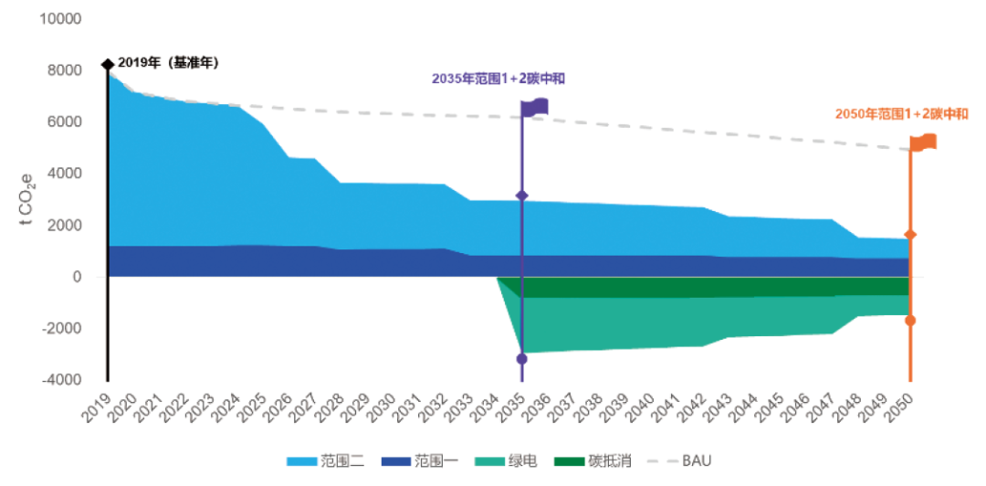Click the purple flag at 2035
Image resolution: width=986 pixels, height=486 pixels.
(x=535, y=107)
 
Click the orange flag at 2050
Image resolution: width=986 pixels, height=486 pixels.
(x=924, y=143)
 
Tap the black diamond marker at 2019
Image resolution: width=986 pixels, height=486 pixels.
(x=108, y=64)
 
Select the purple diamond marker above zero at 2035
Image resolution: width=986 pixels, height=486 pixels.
(x=521, y=196)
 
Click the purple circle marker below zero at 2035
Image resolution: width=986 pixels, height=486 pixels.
(x=521, y=359)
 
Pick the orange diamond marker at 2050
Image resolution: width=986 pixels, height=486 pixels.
(x=910, y=235)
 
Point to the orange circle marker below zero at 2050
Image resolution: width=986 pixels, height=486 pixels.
(x=910, y=321)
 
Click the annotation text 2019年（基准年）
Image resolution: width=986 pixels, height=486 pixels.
(x=168, y=63)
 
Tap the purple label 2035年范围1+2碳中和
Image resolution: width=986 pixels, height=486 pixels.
(x=498, y=79)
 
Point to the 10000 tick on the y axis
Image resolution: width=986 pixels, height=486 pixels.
(x=62, y=19)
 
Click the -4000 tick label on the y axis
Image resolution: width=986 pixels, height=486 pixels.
(x=62, y=380)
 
